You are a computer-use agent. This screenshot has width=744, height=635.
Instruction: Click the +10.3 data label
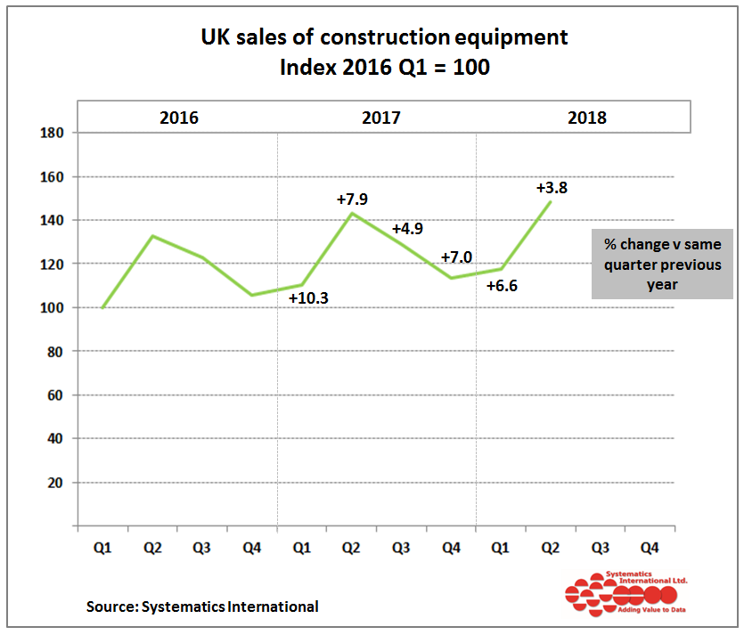point(309,298)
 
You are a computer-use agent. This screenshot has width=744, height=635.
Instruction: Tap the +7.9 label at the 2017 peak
point(352,199)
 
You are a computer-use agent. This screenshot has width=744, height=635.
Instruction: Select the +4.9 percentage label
point(407,228)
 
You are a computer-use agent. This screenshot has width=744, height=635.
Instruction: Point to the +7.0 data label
point(457,258)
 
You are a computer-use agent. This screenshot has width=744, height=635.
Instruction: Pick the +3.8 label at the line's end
point(552,188)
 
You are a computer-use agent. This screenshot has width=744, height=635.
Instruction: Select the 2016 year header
point(179,118)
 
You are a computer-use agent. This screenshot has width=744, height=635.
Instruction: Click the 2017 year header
point(381,118)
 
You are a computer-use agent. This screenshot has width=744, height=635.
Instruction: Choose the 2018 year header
point(586,118)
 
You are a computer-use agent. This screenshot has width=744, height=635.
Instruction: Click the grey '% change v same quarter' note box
point(662,264)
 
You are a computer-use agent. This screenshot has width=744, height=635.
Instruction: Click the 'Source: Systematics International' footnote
point(202,607)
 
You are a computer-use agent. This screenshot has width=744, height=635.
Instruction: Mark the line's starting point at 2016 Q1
point(103,307)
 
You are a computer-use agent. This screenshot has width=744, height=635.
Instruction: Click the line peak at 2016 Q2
point(153,236)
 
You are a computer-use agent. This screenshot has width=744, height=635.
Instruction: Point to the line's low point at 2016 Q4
point(253,295)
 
